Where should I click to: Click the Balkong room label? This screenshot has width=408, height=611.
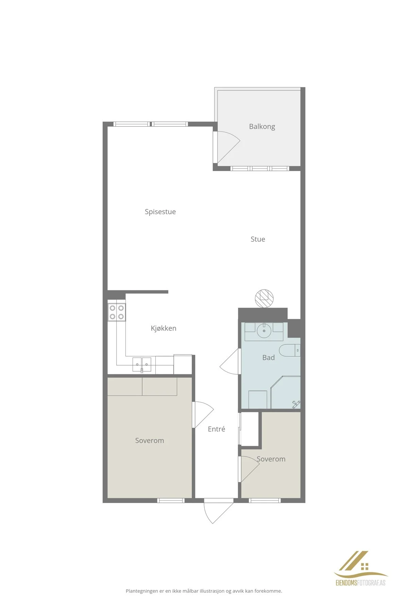click(262, 127)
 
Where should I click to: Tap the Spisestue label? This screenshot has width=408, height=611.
click(160, 212)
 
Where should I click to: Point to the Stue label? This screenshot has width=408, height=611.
click(258, 239)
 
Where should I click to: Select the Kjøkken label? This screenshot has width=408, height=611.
click(164, 328)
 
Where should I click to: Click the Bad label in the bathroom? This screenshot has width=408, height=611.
click(268, 357)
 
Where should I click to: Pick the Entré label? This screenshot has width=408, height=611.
click(216, 429)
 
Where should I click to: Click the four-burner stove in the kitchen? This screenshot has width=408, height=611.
click(117, 312)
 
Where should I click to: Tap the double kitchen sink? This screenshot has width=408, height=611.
click(142, 365)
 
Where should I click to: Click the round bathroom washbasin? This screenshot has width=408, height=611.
click(264, 331)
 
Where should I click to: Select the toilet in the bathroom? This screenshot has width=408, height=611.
click(290, 350)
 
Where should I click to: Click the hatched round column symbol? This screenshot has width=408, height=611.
click(264, 299)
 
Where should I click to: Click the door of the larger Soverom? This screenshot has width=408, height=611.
click(203, 414)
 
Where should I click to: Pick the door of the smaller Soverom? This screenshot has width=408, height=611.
click(249, 468)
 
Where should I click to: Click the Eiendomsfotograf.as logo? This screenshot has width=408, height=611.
click(360, 568)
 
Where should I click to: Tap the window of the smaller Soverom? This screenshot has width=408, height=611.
click(265, 500)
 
